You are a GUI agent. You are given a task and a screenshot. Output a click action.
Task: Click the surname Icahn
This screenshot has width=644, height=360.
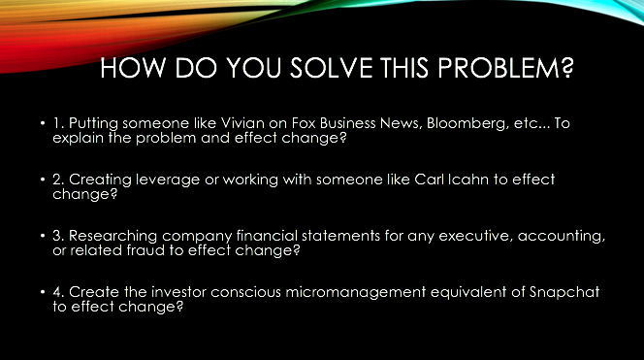tap(467, 180)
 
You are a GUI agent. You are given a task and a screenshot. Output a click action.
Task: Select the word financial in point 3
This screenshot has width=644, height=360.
tap(267, 236)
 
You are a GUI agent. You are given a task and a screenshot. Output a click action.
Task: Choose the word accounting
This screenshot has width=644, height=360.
tap(562, 237)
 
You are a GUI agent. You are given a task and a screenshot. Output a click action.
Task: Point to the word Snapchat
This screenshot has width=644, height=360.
tap(564, 293)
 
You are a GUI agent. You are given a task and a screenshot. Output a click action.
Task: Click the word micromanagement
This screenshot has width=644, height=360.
tap(356, 293)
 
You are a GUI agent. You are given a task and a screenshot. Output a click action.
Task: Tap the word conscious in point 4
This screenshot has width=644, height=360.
tap(245, 292)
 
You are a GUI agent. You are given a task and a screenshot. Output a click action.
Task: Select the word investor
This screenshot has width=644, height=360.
tap(178, 292)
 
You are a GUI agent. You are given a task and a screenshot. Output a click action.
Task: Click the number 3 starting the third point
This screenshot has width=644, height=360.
tap(58, 236)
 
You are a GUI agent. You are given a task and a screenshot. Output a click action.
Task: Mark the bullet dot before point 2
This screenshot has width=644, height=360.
tap(43, 180)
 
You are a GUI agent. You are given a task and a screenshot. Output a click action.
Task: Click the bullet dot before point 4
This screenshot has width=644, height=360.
tap(43, 292)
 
